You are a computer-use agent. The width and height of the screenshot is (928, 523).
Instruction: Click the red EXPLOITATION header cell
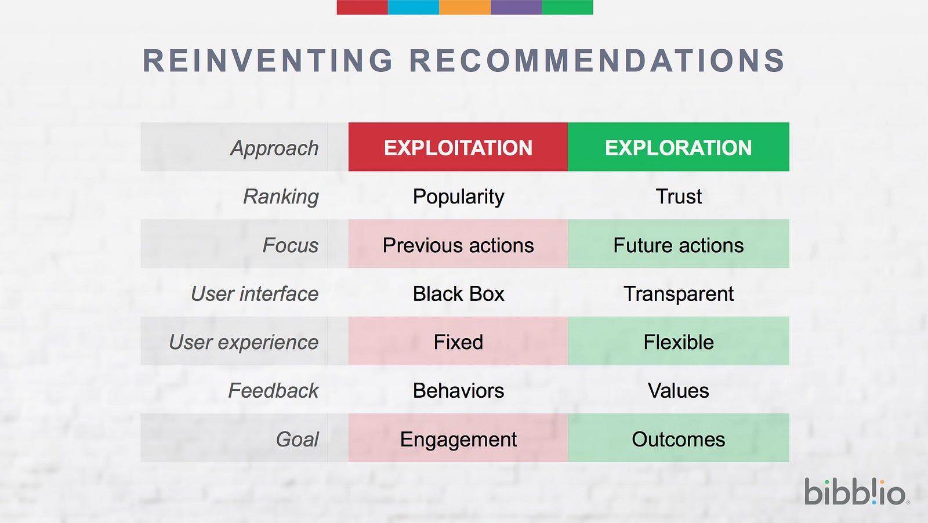tap(458, 147)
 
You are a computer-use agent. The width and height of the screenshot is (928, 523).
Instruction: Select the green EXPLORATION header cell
tap(679, 147)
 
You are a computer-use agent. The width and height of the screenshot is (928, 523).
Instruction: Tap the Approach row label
tap(274, 148)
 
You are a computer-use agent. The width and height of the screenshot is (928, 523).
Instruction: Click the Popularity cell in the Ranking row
tap(458, 197)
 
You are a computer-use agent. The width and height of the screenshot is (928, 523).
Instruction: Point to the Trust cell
tap(679, 197)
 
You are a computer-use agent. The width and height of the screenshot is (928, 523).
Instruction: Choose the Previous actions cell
tap(458, 245)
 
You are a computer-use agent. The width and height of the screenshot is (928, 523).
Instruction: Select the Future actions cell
tap(679, 245)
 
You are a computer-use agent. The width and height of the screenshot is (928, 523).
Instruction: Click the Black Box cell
tap(458, 293)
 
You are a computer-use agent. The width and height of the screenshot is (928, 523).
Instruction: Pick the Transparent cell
tap(679, 294)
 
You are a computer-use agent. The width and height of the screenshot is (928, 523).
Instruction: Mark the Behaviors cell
tap(458, 390)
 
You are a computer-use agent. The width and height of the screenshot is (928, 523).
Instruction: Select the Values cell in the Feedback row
tap(679, 390)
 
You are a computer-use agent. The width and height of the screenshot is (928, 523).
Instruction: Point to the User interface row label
tap(255, 294)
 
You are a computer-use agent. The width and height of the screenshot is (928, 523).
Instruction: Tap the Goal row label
tap(298, 440)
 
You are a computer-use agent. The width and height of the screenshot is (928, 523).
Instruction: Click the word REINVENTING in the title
tap(267, 60)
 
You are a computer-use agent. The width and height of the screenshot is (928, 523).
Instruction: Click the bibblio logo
tap(857, 492)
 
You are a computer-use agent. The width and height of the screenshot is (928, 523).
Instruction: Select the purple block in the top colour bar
tap(516, 7)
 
